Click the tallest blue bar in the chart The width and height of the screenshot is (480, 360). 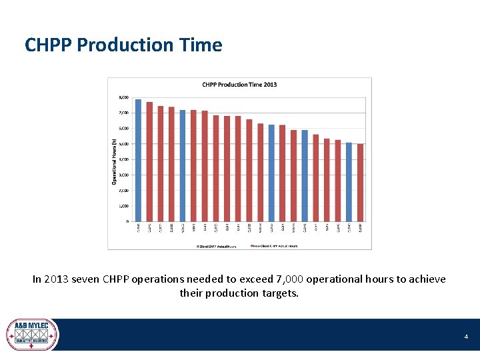pos(139,160)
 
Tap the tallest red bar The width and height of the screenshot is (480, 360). pos(149,161)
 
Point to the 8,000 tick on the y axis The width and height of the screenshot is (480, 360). pos(124,97)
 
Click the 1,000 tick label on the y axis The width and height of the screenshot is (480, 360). pos(124,206)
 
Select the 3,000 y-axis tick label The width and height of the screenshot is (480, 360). pos(124,175)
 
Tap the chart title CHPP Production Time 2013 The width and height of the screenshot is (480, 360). pos(239,85)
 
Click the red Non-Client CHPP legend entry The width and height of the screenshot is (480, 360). pos(274,245)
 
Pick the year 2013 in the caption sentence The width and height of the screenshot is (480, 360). pos(57,279)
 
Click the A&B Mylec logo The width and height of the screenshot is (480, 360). pos(32,335)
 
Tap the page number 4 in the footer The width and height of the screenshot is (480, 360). pos(467,337)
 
